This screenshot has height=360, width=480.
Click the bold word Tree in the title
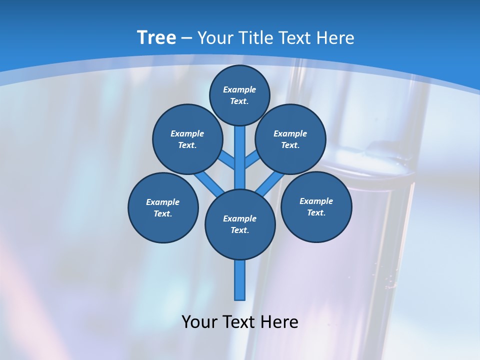(x=156, y=38)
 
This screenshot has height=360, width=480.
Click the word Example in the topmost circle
(x=239, y=90)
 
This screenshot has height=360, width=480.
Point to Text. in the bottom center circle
(x=239, y=230)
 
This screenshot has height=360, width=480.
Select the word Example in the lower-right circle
(x=316, y=201)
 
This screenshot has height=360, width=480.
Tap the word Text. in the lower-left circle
(x=162, y=214)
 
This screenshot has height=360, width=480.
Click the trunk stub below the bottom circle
(x=240, y=280)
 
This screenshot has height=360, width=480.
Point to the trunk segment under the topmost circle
(x=240, y=150)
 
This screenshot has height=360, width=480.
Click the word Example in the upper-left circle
(x=187, y=133)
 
